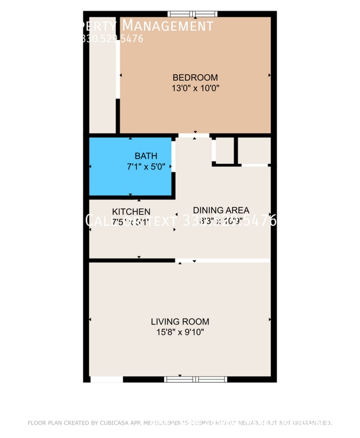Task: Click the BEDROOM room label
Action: click(x=195, y=78)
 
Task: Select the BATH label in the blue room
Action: click(x=146, y=156)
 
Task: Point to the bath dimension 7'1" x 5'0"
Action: click(x=146, y=166)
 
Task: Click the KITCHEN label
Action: click(x=131, y=212)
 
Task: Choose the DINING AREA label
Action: click(x=220, y=210)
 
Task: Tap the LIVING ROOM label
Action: click(x=180, y=321)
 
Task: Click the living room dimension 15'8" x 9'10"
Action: click(x=180, y=332)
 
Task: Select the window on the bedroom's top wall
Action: click(x=192, y=14)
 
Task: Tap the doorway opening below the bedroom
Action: click(x=193, y=135)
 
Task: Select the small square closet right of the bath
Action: click(x=224, y=150)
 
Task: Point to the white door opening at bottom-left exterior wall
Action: click(x=106, y=379)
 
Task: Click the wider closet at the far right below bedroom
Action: click(x=254, y=150)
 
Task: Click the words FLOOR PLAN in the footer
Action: click(x=42, y=423)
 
